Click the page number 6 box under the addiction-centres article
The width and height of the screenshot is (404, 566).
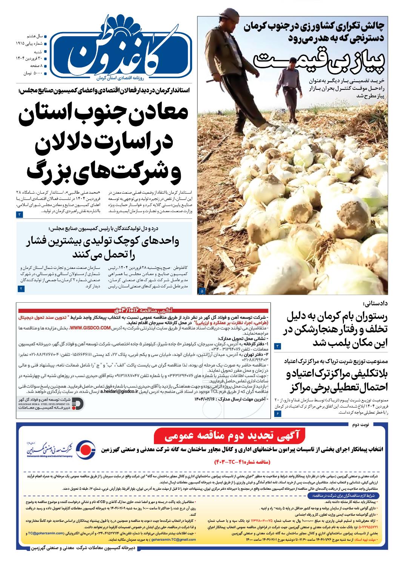pos(278,414)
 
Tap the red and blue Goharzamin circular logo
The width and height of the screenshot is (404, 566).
pos(84,450)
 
